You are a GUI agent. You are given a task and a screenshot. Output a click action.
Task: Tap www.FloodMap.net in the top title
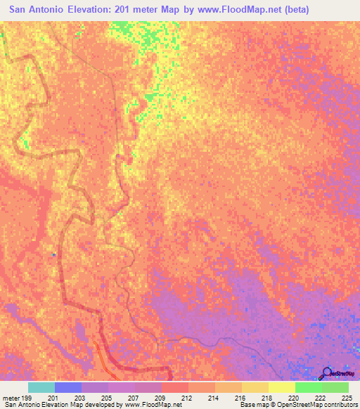click(x=237, y=11)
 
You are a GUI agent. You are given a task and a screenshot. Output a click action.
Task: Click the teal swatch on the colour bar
click(x=41, y=387)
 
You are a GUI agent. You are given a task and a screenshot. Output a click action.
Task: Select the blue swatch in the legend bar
click(x=68, y=387)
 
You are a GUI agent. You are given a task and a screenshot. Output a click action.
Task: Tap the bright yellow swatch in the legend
click(x=282, y=387)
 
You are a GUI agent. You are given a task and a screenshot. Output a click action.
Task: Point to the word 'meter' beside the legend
click(x=10, y=397)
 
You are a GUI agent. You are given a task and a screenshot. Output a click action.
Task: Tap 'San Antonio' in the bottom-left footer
click(x=19, y=405)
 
